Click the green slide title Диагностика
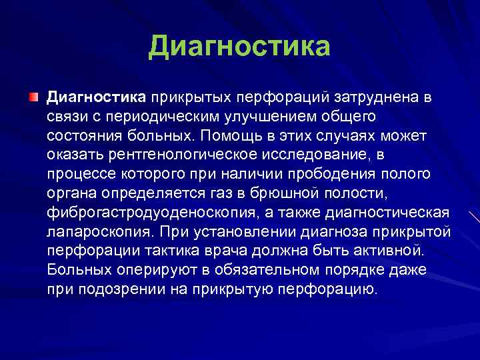pos(239,47)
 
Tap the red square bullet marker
pos(33,98)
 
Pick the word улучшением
pos(269,117)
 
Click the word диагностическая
pos(393,213)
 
